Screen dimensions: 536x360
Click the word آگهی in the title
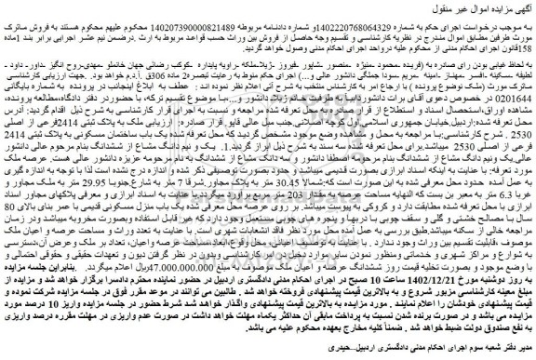(x=524, y=8)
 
